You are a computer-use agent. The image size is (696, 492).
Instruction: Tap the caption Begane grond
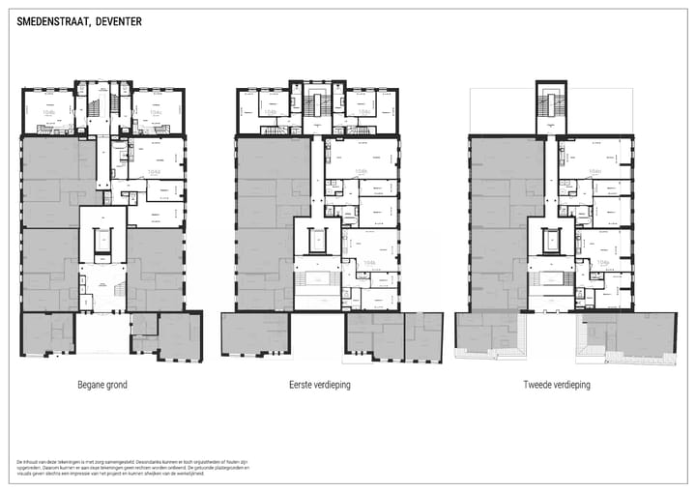click(x=101, y=385)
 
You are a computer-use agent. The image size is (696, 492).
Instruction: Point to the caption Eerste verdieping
click(x=320, y=385)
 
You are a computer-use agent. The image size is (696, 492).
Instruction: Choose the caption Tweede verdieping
click(x=556, y=385)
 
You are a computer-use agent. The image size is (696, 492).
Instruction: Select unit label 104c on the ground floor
click(x=155, y=112)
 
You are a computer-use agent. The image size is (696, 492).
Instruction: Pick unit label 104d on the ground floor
click(x=154, y=171)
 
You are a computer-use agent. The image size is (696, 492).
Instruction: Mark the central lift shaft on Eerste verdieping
click(x=319, y=239)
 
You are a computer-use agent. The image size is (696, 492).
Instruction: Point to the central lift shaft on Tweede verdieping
click(x=553, y=239)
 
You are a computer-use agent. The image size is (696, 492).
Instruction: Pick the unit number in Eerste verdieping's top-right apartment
click(x=364, y=112)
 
